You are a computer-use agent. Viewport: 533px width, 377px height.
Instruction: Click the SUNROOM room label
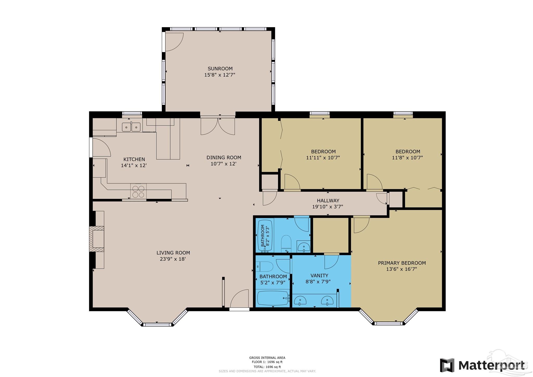pos(220,69)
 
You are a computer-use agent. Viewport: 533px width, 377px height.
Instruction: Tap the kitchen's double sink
pos(131,127)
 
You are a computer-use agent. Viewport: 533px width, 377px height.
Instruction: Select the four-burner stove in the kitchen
pos(138,191)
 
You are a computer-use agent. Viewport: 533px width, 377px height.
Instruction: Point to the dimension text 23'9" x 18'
pos(173,259)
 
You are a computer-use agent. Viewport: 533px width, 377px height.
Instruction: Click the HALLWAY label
pos(328,200)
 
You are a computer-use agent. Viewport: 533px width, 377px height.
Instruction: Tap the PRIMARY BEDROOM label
pos(402,263)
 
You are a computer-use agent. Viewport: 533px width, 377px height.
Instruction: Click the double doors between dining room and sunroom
pos(218,126)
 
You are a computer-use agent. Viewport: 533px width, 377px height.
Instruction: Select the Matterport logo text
pos(491,365)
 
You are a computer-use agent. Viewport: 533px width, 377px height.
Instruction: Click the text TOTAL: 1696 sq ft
pos(267,367)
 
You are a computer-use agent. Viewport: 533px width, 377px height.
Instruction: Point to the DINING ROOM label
pos(224,158)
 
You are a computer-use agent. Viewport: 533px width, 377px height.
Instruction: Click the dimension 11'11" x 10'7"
pos(323,158)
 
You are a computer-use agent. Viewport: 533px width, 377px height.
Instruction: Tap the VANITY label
pos(319,275)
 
